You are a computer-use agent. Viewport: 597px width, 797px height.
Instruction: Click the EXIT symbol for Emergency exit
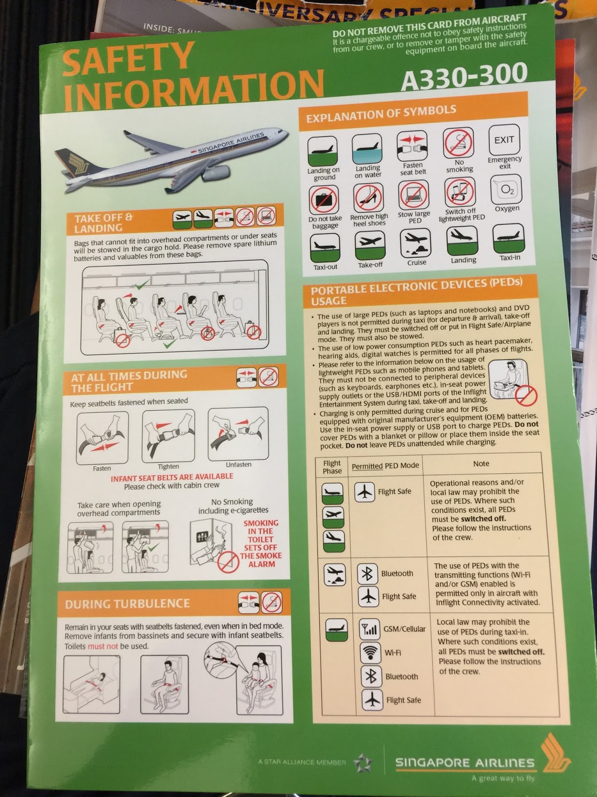pos(504,140)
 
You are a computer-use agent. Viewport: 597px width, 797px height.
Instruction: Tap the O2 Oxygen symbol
pos(506,190)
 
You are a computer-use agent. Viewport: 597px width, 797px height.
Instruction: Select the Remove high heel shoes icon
pos(368,198)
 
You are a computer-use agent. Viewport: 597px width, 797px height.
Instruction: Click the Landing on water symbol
pos(367,149)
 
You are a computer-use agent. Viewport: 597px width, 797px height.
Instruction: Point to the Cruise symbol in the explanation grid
pos(415,243)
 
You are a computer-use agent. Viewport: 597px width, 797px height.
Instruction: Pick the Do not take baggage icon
pos(324,200)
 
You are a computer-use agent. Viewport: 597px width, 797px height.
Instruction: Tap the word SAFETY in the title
pos(127,58)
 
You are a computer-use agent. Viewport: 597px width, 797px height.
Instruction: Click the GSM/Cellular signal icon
pos(369,629)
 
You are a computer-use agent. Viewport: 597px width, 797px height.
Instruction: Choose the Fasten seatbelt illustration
pos(102,438)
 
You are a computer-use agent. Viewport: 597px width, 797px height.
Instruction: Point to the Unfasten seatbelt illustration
pos(238,434)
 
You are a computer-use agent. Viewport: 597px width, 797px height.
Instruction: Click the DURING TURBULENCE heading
pos(127,603)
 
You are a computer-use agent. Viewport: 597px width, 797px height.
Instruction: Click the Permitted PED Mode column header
pos(385,465)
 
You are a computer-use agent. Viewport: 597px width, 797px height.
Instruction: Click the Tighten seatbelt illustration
pos(168,436)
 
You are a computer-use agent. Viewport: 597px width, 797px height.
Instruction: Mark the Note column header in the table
pos(481,464)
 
